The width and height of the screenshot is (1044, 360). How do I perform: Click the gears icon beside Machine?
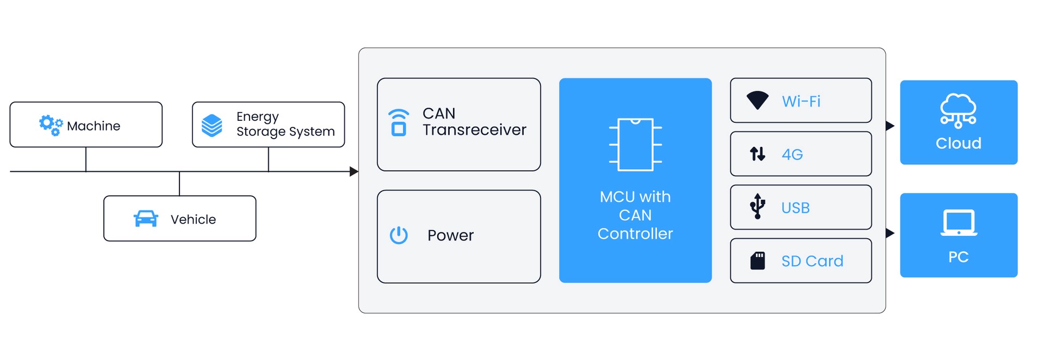click(x=51, y=125)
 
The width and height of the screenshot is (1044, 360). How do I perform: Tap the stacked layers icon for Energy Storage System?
click(x=212, y=125)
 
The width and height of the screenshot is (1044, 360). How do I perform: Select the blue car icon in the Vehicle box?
click(x=146, y=219)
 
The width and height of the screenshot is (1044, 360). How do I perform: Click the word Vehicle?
click(x=193, y=219)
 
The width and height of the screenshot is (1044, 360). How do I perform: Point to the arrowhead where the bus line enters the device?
click(x=354, y=172)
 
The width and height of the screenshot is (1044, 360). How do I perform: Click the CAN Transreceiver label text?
click(x=474, y=122)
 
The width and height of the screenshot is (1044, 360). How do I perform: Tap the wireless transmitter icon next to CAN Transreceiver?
click(x=399, y=122)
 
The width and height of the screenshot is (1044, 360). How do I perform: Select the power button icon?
click(x=399, y=235)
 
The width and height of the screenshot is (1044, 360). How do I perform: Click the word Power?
click(x=450, y=235)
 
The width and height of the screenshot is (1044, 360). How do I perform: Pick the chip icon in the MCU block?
click(x=635, y=145)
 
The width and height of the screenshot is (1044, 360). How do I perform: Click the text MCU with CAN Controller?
click(x=635, y=215)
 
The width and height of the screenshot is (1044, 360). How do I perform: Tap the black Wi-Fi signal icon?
click(x=757, y=101)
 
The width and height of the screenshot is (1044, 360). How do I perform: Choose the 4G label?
click(x=792, y=154)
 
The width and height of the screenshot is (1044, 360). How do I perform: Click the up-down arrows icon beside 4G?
click(x=757, y=154)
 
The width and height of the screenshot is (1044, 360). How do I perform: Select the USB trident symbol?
click(x=757, y=207)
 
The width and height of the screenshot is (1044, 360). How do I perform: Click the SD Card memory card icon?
click(x=757, y=261)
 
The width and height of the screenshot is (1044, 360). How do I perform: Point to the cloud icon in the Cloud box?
click(x=958, y=110)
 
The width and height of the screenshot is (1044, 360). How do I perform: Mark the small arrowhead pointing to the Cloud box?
click(x=890, y=126)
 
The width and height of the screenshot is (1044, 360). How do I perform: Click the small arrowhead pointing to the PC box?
click(x=890, y=233)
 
